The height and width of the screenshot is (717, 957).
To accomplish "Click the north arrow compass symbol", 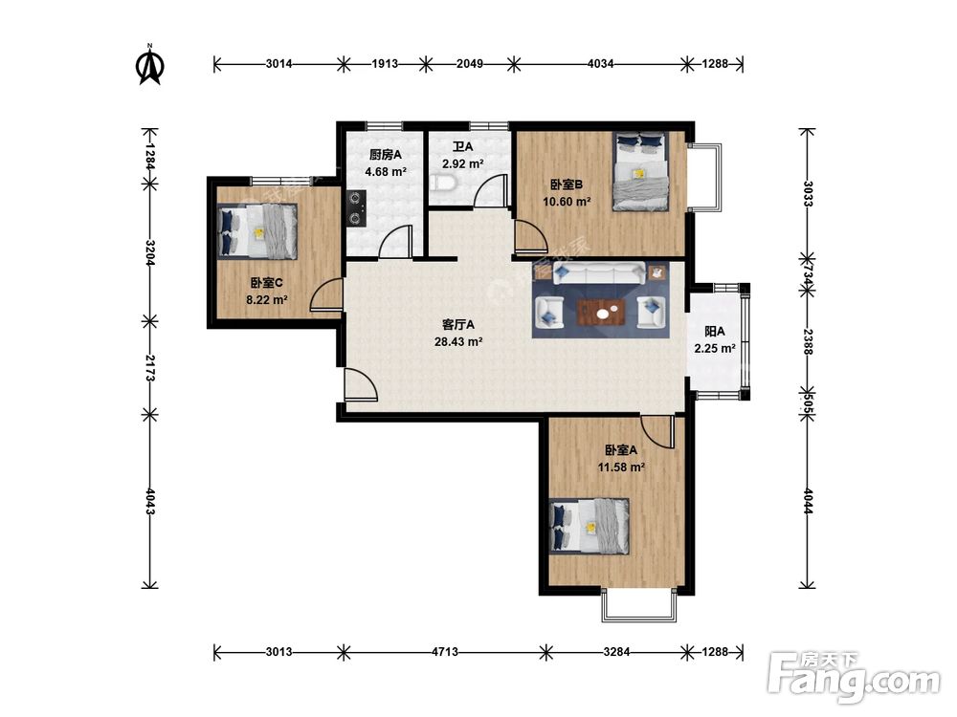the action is pyautogui.click(x=149, y=64).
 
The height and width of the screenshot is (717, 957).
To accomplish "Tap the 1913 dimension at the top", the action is pyautogui.click(x=385, y=63).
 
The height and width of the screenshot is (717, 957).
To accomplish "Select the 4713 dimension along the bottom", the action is pyautogui.click(x=445, y=652).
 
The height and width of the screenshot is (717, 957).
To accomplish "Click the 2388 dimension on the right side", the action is pyautogui.click(x=808, y=342).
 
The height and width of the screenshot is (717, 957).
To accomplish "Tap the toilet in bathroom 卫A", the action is pyautogui.click(x=440, y=183).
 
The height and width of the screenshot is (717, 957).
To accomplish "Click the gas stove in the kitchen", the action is pyautogui.click(x=356, y=209).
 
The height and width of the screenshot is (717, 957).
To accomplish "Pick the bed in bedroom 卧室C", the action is pyautogui.click(x=256, y=231).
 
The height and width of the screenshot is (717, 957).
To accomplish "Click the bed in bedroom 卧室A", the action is pyautogui.click(x=589, y=526).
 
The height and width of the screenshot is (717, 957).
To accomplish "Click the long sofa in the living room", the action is pyautogui.click(x=599, y=273).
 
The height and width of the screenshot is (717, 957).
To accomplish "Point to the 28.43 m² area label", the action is pyautogui.click(x=458, y=342).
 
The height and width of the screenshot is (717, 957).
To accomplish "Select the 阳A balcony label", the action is pyautogui.click(x=715, y=332).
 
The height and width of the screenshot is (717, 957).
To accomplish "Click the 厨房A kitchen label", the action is pyautogui.click(x=386, y=155).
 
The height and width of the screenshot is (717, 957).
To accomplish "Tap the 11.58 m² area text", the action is pyautogui.click(x=621, y=467).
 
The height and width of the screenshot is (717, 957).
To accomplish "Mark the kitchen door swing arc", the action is pyautogui.click(x=394, y=242).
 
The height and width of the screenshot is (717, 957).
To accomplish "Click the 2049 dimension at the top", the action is pyautogui.click(x=470, y=63).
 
